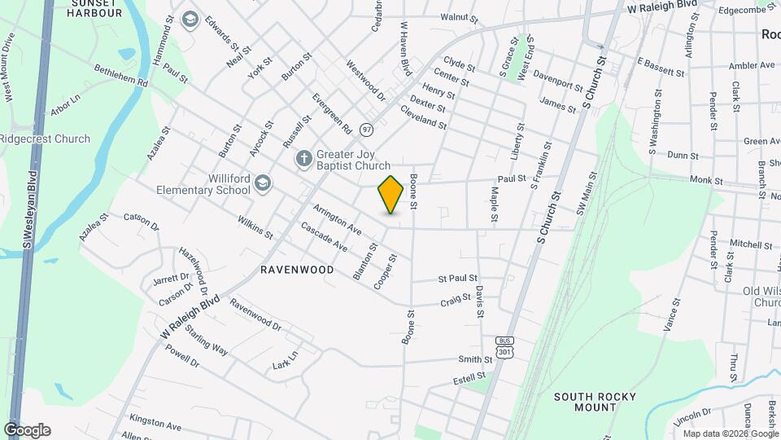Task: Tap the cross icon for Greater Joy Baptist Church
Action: point(303,158)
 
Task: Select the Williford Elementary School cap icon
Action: point(263,183)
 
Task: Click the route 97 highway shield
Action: point(368,130)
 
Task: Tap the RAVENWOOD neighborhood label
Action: point(297,269)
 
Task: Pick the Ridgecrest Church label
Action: point(45,139)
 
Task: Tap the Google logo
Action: point(27,429)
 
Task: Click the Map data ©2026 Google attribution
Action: point(730,433)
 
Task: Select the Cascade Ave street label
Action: point(324,236)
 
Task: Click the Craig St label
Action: point(456,301)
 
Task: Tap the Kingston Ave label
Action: point(155,425)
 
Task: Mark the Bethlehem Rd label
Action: point(120,77)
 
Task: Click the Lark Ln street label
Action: point(286,359)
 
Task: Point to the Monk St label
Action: point(706,180)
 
